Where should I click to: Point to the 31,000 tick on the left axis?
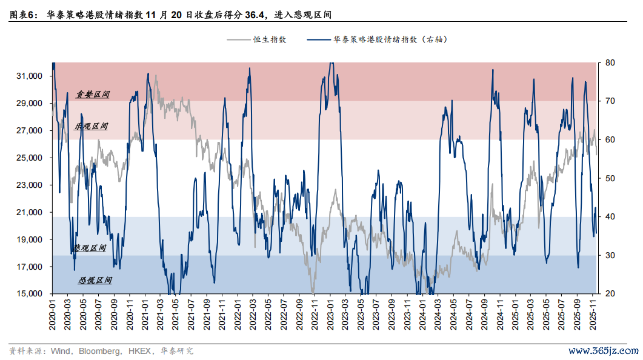click(29, 76)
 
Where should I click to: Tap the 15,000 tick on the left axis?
click(29, 294)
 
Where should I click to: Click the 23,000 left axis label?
click(29, 185)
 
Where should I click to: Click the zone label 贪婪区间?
click(93, 95)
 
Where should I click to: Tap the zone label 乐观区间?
click(91, 127)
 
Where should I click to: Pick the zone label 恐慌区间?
click(95, 281)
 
